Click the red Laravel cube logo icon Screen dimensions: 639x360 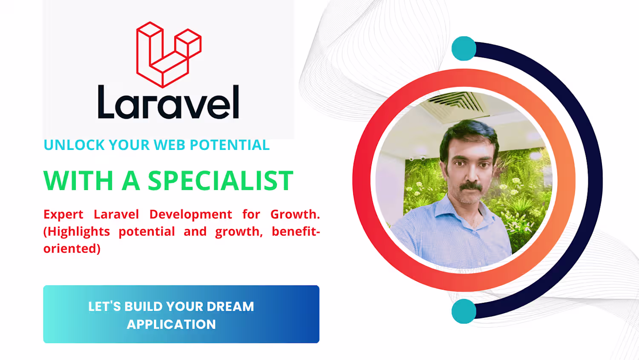click(x=169, y=55)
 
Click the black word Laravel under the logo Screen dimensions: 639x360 click(x=168, y=102)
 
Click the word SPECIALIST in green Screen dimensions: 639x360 click(x=221, y=181)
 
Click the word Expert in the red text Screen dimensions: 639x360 click(x=63, y=215)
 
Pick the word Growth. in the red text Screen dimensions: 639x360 click(x=295, y=214)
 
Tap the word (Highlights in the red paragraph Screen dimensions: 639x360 click(x=77, y=232)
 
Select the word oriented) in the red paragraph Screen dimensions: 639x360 click(x=72, y=248)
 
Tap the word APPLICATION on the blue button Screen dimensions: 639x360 click(x=171, y=325)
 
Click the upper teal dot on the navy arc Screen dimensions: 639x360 click(x=464, y=49)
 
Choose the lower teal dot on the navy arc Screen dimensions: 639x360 click(x=464, y=311)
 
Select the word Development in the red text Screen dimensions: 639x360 click(x=190, y=215)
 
